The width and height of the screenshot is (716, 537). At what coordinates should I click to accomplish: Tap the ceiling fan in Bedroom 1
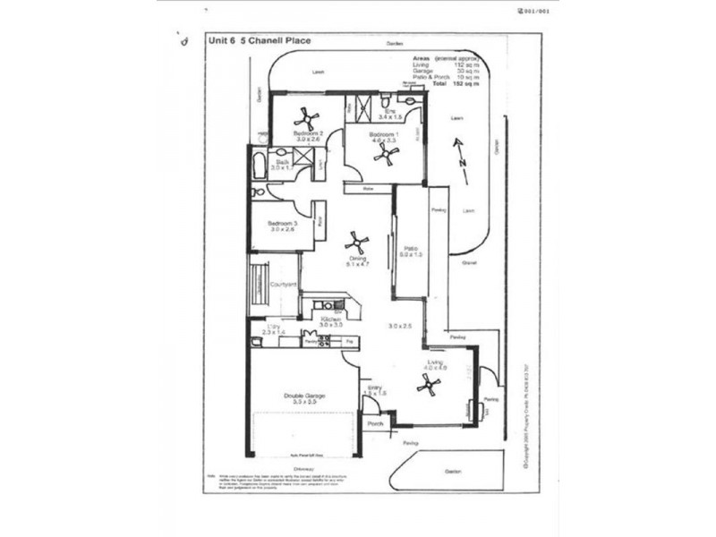click(x=387, y=154)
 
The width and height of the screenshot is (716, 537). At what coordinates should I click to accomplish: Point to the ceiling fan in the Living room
click(x=429, y=384)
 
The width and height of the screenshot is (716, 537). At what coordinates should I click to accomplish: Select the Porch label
click(x=376, y=425)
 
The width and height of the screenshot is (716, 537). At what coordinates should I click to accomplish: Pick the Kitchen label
click(x=329, y=318)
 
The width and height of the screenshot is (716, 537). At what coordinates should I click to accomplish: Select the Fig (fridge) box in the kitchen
click(x=350, y=342)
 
